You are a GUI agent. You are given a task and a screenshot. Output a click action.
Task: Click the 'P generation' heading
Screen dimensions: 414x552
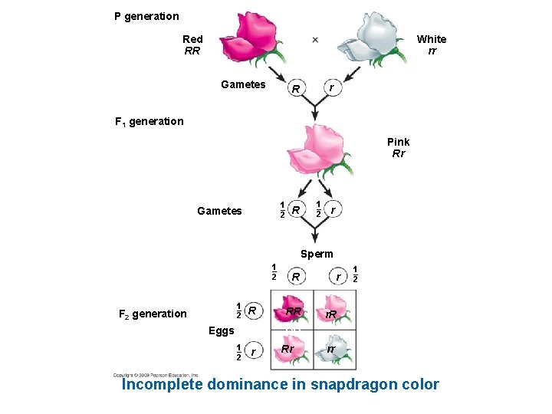(x=146, y=16)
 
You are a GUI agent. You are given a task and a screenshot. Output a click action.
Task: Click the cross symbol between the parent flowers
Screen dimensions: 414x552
(x=315, y=39)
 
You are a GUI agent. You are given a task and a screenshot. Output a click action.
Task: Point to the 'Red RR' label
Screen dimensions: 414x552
(x=192, y=44)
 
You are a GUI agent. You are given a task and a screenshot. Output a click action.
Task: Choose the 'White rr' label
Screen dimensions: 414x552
(x=432, y=44)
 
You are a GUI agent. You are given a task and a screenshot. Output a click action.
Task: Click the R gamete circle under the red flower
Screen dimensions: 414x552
(x=294, y=89)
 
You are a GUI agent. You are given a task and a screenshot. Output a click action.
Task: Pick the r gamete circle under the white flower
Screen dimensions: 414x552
(x=331, y=87)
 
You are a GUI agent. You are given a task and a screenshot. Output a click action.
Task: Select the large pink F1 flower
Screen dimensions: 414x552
(x=314, y=149)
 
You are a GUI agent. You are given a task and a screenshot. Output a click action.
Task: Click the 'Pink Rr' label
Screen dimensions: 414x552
(x=398, y=147)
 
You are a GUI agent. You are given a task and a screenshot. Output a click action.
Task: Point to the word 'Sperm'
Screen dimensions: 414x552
(x=317, y=254)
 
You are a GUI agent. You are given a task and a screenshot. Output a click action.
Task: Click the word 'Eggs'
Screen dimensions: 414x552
(x=222, y=331)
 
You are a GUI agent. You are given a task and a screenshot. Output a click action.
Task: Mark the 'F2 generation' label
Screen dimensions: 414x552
(x=153, y=313)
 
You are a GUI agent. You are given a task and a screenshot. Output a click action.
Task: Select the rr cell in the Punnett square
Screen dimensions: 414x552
(x=332, y=349)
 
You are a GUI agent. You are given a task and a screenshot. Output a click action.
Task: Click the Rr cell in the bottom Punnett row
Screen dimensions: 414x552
(x=289, y=349)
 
